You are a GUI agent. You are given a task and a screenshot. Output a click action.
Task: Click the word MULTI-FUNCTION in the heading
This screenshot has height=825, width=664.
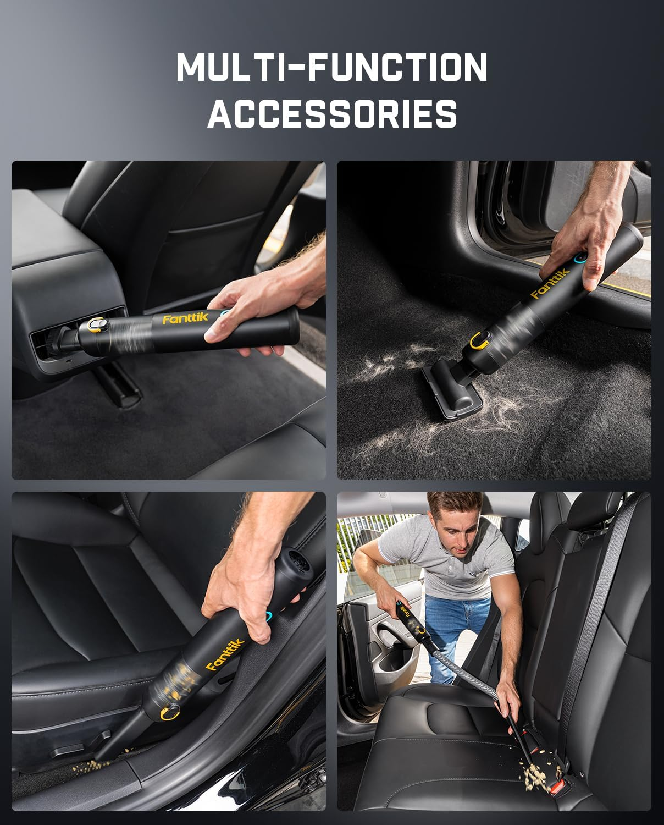332,67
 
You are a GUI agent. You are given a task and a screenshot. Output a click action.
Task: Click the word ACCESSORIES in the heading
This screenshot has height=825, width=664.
332,114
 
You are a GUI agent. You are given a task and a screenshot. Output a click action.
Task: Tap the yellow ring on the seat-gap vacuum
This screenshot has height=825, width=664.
168,714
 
